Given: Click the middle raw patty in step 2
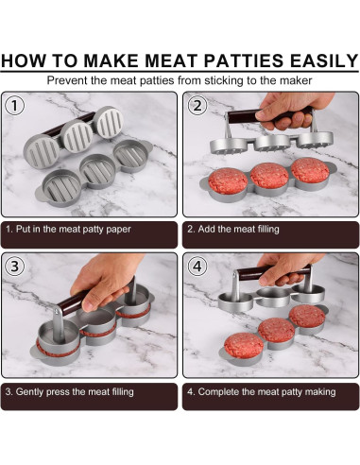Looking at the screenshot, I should pyautogui.click(x=270, y=177).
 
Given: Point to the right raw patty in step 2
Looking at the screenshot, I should pyautogui.click(x=310, y=171).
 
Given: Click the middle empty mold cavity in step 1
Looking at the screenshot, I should pyautogui.click(x=94, y=170).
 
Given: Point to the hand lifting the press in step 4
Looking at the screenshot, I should pyautogui.click(x=283, y=269).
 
